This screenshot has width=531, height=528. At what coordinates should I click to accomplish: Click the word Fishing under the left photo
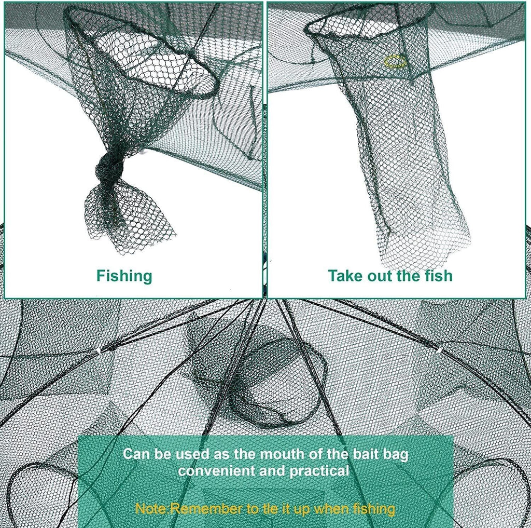coord(124,276)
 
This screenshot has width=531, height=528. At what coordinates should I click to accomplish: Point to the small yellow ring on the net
coord(395,62)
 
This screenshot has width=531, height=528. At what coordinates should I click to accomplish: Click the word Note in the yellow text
coord(150,509)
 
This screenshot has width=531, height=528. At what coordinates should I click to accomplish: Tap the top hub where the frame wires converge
coord(265,301)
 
